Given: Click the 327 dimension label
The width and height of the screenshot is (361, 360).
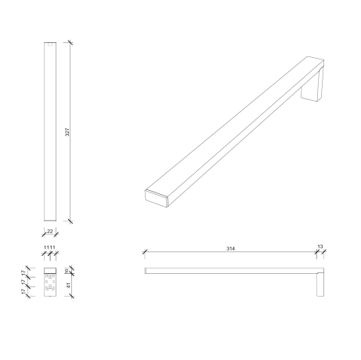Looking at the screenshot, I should (x=67, y=133).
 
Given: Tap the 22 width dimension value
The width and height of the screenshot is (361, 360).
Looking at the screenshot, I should (x=50, y=232).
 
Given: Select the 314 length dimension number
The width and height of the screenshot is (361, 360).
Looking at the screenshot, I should (x=230, y=249).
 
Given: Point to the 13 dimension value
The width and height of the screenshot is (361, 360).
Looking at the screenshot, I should (x=319, y=248).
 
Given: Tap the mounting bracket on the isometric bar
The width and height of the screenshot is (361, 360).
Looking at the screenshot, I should (x=314, y=88).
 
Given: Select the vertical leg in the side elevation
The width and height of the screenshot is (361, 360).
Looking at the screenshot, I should (x=319, y=283).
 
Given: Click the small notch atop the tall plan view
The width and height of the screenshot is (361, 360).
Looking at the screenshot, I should (x=50, y=45).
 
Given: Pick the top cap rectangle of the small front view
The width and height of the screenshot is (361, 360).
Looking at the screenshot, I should (x=49, y=272).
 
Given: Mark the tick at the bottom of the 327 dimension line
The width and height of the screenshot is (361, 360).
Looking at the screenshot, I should (x=69, y=224).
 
